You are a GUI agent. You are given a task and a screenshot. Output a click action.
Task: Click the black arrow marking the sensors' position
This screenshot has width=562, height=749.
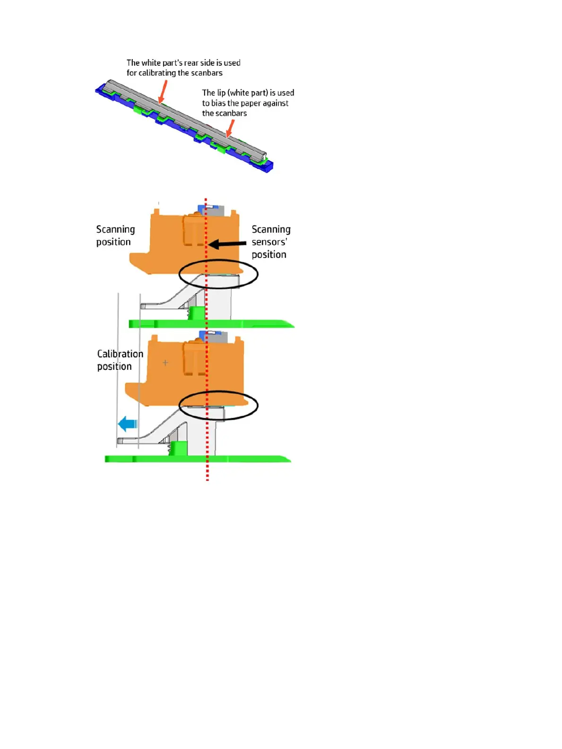click(x=227, y=244)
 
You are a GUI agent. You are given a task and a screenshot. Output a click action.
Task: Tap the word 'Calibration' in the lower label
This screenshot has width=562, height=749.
click(x=120, y=354)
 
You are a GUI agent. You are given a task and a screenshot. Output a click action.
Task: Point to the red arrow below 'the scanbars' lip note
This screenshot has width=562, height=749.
click(x=230, y=128)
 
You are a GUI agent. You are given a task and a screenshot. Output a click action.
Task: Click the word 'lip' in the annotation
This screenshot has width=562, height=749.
click(x=221, y=93)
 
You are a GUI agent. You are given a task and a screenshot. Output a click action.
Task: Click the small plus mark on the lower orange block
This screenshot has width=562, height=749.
click(x=165, y=363)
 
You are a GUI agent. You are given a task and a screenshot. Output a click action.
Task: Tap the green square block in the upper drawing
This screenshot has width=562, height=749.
click(x=197, y=313)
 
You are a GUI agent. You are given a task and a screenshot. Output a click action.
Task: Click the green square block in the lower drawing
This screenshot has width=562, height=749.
click(x=179, y=448)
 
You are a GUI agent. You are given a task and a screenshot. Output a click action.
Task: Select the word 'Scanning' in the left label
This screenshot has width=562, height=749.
click(x=115, y=229)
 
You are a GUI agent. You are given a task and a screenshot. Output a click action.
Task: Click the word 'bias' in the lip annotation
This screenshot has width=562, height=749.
click(x=218, y=103)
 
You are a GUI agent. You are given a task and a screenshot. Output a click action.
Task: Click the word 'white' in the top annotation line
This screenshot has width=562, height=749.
click(x=151, y=63)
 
